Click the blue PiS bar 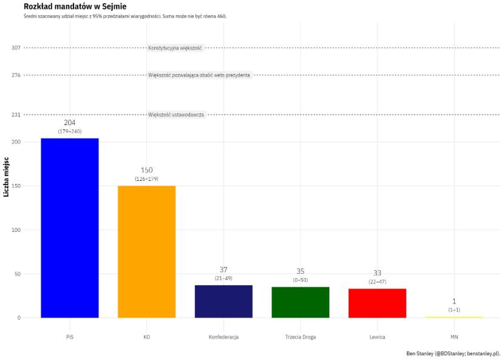[x=70, y=228]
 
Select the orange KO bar [x=146, y=251]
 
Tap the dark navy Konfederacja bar [x=223, y=301]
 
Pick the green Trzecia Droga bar [x=301, y=302]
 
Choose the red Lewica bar [x=377, y=302]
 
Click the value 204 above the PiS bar [x=70, y=123]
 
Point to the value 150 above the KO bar [x=146, y=170]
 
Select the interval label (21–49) [x=223, y=278]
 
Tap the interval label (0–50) [x=301, y=280]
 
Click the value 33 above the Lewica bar [x=377, y=273]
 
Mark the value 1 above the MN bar [x=454, y=301]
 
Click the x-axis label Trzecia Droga [x=301, y=337]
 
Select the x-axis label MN [x=454, y=337]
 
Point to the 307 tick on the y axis [x=16, y=48]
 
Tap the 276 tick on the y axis [x=16, y=75]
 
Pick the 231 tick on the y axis [x=16, y=115]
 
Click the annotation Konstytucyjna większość [x=175, y=48]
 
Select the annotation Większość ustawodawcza [x=176, y=115]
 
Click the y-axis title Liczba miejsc [x=6, y=177]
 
